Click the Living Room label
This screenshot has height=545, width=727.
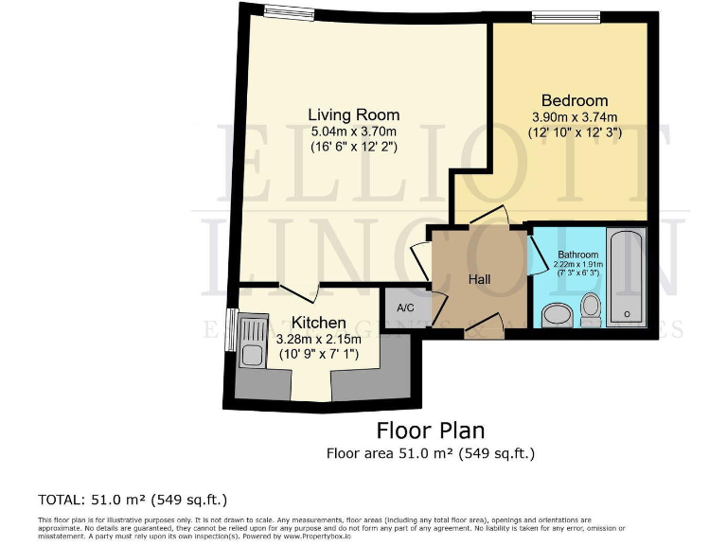[x=353, y=114]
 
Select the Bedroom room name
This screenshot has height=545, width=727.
[x=574, y=100]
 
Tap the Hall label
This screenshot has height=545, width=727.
[x=478, y=279]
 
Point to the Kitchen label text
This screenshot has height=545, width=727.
[x=318, y=323]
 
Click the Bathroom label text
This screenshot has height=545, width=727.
[x=577, y=255]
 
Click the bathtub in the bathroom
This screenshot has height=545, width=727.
[x=627, y=275]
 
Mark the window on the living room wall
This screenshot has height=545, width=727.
[x=289, y=12]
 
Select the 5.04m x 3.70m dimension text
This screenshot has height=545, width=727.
[x=353, y=131]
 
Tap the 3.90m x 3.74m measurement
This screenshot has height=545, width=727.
[x=574, y=116]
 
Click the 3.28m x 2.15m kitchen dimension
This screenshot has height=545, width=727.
[x=318, y=339]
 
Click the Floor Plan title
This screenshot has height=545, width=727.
[x=431, y=431]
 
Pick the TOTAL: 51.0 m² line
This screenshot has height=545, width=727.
[x=133, y=499]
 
